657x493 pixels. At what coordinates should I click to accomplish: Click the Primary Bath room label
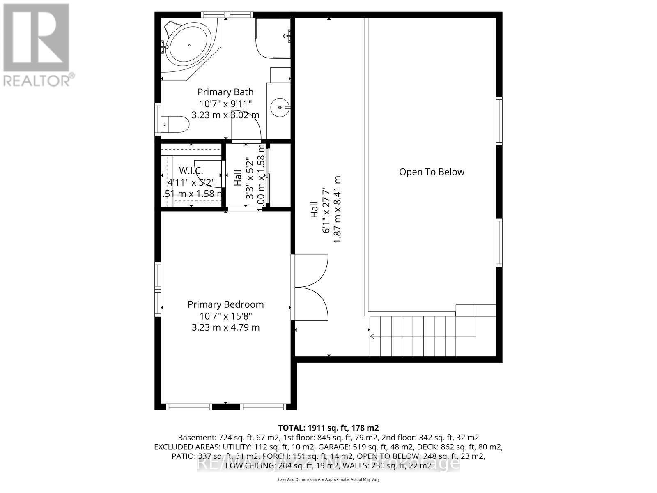(x=225, y=92)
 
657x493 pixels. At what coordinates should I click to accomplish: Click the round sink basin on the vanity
(x=280, y=107)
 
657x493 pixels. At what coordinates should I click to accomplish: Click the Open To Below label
(x=432, y=172)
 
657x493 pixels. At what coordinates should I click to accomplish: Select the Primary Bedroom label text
(x=225, y=304)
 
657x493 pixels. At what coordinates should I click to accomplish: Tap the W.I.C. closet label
(x=191, y=170)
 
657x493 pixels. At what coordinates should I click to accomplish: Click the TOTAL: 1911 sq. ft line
(x=328, y=428)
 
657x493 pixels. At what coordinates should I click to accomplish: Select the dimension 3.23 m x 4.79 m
(x=225, y=327)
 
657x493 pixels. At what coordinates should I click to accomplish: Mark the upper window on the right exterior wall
(x=499, y=121)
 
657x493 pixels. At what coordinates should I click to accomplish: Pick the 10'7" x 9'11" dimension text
(x=225, y=104)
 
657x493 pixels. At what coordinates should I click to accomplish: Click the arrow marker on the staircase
(x=372, y=336)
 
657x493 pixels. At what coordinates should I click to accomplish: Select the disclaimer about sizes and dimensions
(x=328, y=479)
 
